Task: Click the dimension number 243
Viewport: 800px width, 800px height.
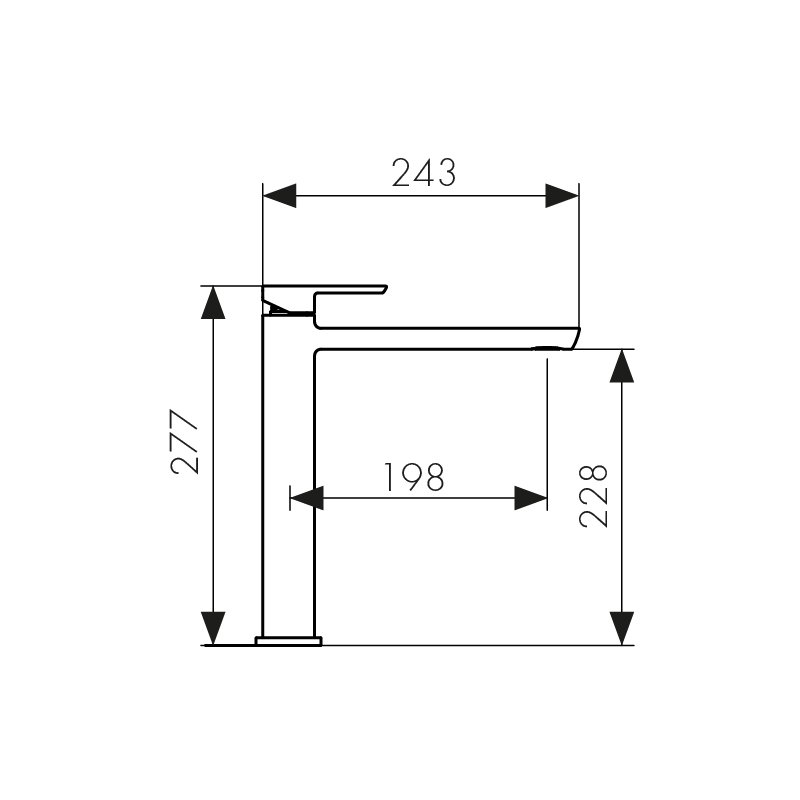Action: (423, 173)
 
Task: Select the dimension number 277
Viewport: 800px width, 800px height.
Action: (186, 441)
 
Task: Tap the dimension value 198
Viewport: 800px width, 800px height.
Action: (414, 478)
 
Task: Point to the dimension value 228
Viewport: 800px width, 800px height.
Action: (594, 494)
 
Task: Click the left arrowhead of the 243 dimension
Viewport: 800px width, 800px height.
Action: (279, 195)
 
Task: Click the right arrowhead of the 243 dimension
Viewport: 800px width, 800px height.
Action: (562, 195)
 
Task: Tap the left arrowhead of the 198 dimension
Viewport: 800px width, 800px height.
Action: (306, 497)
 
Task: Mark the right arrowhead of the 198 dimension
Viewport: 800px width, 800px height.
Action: (531, 497)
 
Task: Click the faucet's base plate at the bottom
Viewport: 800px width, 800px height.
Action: (289, 640)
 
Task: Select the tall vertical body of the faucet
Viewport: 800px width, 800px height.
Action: (289, 480)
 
